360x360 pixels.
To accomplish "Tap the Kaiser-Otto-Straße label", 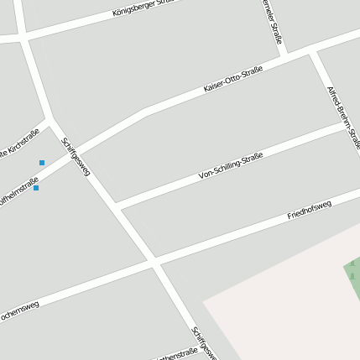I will tap(233, 78).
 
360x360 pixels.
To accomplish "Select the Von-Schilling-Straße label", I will tap(231, 166).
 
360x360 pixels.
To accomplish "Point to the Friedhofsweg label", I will tap(310, 210).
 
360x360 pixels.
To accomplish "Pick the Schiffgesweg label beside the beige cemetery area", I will tap(204, 342).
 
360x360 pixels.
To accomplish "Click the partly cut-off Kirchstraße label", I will tap(18, 142).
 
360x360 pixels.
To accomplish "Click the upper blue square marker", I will tap(41, 162).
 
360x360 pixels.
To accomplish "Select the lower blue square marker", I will tap(36, 188).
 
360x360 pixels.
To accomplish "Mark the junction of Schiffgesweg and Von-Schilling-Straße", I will tap(117, 206).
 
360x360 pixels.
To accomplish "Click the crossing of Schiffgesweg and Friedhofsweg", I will tap(154, 263).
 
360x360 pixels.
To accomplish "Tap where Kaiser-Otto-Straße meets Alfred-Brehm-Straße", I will tap(310, 52).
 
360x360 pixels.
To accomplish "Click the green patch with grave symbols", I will tap(352, 277).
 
